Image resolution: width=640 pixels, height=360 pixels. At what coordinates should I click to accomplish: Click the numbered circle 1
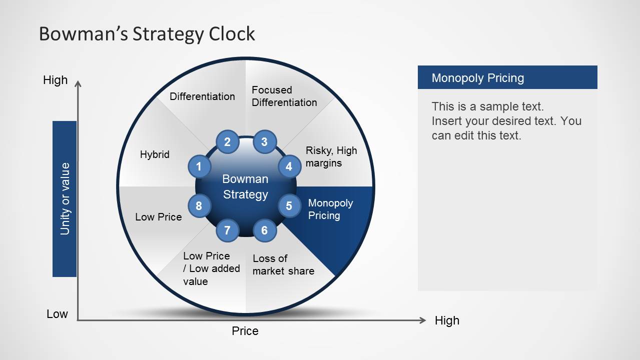tap(199, 166)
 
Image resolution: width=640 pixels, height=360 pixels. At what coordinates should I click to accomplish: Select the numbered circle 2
tap(227, 142)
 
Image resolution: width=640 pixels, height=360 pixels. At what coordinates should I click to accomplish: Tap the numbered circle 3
tap(264, 142)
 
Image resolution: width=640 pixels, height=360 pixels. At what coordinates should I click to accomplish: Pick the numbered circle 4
tap(289, 166)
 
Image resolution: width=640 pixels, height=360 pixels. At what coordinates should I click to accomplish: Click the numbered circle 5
tap(289, 205)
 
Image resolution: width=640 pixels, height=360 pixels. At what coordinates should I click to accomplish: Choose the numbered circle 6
tap(264, 230)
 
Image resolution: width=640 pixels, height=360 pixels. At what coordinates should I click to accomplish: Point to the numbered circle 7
tap(227, 230)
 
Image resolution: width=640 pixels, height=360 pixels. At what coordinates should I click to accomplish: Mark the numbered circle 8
tap(199, 205)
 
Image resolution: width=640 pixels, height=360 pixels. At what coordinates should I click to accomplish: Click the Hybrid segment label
tap(155, 154)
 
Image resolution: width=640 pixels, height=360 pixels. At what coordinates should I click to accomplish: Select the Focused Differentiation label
tap(284, 96)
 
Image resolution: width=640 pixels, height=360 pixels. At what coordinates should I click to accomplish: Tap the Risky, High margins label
tap(331, 157)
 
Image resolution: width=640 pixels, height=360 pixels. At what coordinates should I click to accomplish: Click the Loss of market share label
tap(283, 264)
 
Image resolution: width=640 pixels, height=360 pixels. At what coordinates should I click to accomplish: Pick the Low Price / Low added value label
tap(211, 268)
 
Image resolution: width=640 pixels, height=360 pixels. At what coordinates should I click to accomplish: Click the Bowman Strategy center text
tap(245, 186)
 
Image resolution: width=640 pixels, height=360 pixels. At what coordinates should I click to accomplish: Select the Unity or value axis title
tap(65, 198)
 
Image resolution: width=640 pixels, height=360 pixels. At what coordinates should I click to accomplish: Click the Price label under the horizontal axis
tap(245, 331)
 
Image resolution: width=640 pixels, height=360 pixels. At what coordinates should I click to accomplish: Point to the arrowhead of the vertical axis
tap(78, 83)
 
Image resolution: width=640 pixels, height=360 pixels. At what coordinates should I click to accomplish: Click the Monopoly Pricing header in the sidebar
tap(478, 78)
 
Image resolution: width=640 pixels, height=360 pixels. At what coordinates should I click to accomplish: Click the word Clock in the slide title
tap(232, 34)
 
